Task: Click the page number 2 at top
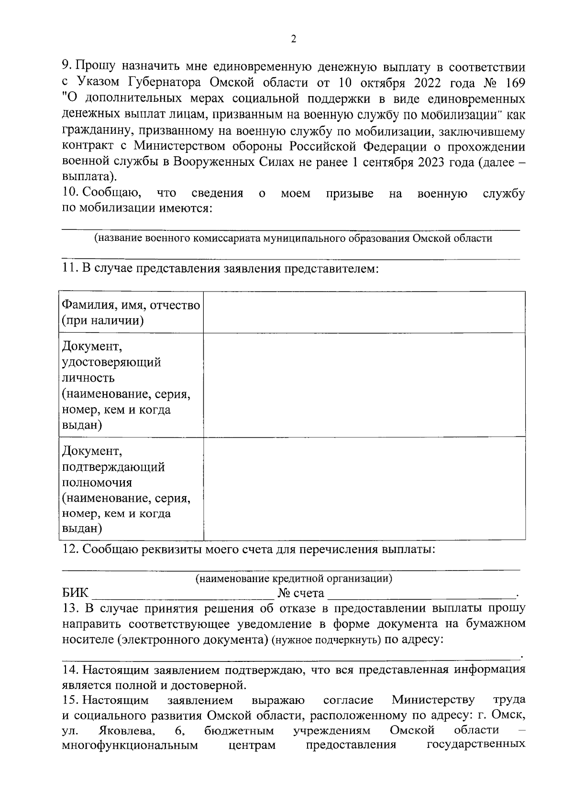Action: (294, 39)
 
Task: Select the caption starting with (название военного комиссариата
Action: (293, 238)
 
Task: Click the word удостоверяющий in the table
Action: (111, 362)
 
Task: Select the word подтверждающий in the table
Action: (113, 466)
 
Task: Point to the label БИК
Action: (76, 594)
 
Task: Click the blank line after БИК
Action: (182, 595)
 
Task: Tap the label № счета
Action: (301, 594)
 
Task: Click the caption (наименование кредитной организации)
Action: (294, 579)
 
